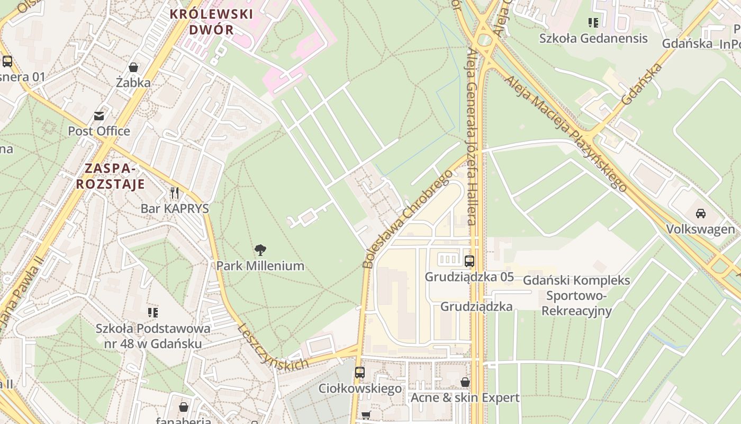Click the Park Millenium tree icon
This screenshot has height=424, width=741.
(260, 250)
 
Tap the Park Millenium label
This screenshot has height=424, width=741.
(260, 266)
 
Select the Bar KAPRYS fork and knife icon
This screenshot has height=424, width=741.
(175, 192)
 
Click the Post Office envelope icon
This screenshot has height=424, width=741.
(99, 116)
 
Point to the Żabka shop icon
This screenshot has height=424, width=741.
(133, 67)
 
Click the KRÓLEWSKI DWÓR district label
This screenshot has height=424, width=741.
(211, 22)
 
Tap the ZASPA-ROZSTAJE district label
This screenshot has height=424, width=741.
(110, 176)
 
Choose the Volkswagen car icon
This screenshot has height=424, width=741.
(700, 214)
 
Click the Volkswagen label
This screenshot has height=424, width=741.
(700, 229)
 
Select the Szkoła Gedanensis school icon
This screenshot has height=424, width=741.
(593, 22)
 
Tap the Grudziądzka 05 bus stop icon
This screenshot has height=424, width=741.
(469, 261)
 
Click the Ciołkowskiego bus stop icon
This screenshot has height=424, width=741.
(360, 373)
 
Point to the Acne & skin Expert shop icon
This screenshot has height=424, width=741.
(465, 382)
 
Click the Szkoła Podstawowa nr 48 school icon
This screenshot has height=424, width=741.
(153, 312)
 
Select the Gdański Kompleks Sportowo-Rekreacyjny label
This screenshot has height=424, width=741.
(576, 295)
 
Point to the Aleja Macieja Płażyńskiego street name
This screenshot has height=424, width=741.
(565, 133)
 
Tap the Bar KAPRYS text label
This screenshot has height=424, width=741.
(175, 208)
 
